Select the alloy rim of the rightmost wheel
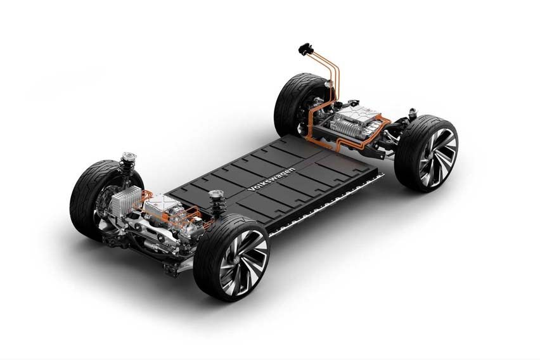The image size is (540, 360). pyautogui.click(x=438, y=153)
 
